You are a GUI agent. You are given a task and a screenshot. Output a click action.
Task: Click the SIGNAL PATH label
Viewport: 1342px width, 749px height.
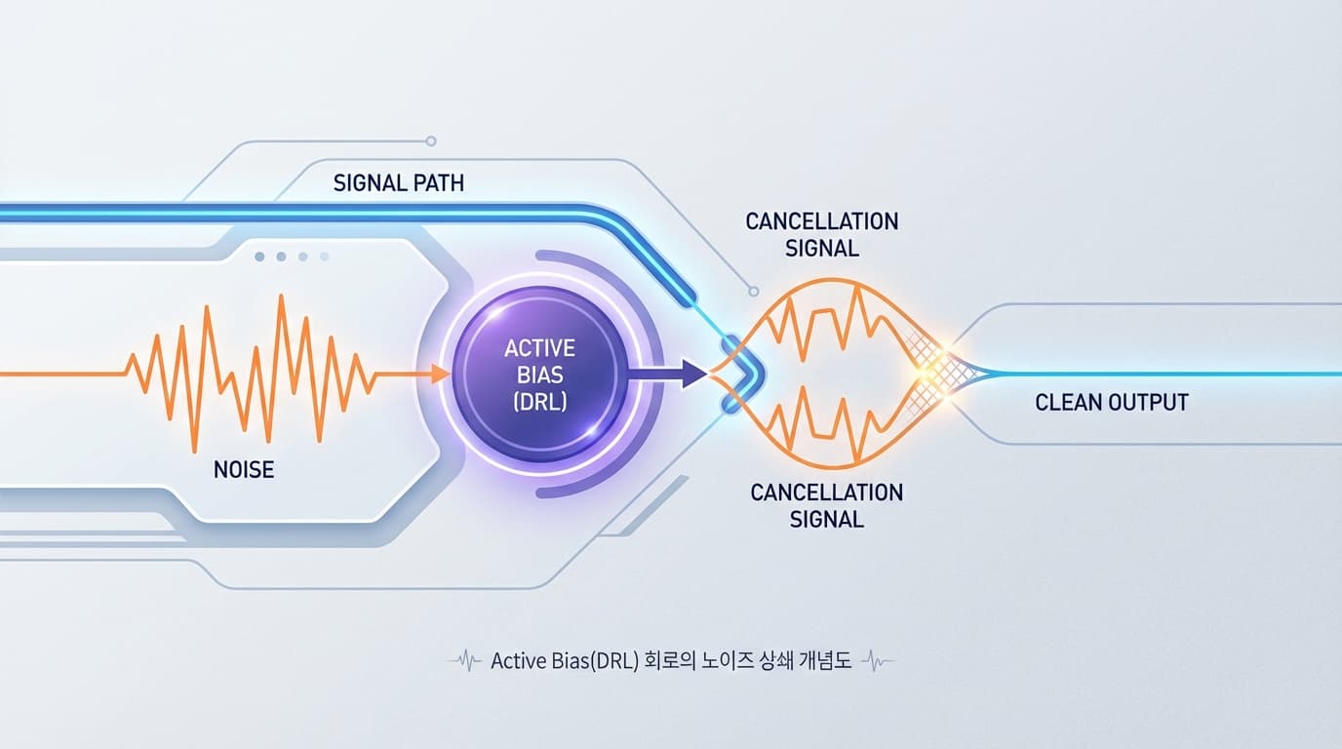pos(398,183)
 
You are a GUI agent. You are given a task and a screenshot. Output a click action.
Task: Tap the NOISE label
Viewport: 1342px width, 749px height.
pos(244,470)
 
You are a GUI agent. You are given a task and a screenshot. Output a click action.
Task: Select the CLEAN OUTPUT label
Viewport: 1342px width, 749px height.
pos(1112,402)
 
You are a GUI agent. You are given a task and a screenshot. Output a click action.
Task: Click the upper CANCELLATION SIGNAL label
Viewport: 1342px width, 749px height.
pos(821,234)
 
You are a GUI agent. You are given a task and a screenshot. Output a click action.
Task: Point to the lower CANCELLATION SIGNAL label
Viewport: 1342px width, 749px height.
pos(826,505)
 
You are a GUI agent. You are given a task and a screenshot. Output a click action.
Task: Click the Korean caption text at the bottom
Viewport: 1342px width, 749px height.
pos(671,661)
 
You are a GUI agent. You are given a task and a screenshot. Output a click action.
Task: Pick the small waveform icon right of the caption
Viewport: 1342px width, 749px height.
pos(878,661)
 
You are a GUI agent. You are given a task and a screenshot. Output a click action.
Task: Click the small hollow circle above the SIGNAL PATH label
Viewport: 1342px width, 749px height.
pos(431,141)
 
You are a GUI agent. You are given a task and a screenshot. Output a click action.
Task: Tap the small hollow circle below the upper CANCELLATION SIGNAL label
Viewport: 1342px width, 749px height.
pos(752,291)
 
